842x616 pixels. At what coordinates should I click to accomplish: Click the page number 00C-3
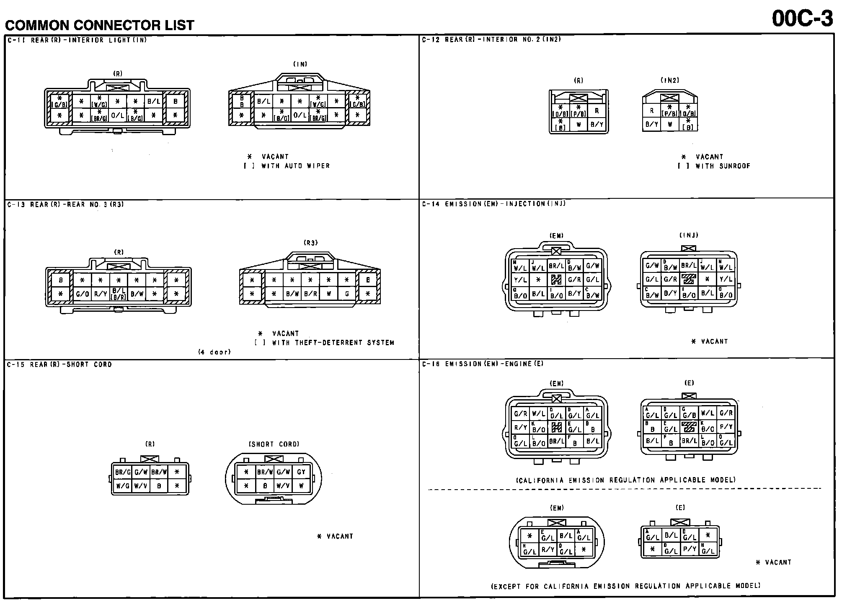click(802, 18)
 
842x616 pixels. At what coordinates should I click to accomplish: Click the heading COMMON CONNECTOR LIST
click(100, 25)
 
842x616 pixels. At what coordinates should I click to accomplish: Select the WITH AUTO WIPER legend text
click(295, 166)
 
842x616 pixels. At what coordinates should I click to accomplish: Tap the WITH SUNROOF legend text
click(723, 166)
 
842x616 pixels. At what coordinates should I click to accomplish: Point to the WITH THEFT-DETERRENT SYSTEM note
click(333, 343)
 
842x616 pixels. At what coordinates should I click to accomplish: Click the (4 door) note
click(214, 352)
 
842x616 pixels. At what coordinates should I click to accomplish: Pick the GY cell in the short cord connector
click(301, 472)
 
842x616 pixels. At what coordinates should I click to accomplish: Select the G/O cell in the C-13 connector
click(82, 294)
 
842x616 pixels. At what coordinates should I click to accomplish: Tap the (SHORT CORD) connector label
click(274, 444)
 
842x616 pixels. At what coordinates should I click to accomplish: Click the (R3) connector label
click(310, 243)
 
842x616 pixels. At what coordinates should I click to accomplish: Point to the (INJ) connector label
click(689, 236)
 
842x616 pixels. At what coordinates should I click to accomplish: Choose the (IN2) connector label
click(670, 80)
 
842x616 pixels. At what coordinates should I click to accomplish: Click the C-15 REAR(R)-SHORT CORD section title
click(59, 364)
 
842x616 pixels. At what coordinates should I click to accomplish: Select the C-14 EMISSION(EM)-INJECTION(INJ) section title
click(493, 204)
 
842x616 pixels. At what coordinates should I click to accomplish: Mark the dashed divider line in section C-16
click(624, 489)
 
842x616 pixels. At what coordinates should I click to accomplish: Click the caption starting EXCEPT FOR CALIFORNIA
click(625, 586)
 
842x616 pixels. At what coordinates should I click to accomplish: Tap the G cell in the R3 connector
click(347, 294)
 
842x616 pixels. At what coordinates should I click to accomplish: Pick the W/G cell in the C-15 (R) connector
click(122, 486)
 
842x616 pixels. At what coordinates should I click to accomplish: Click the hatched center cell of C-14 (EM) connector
click(556, 280)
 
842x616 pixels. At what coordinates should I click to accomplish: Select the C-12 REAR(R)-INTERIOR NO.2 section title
click(491, 40)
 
